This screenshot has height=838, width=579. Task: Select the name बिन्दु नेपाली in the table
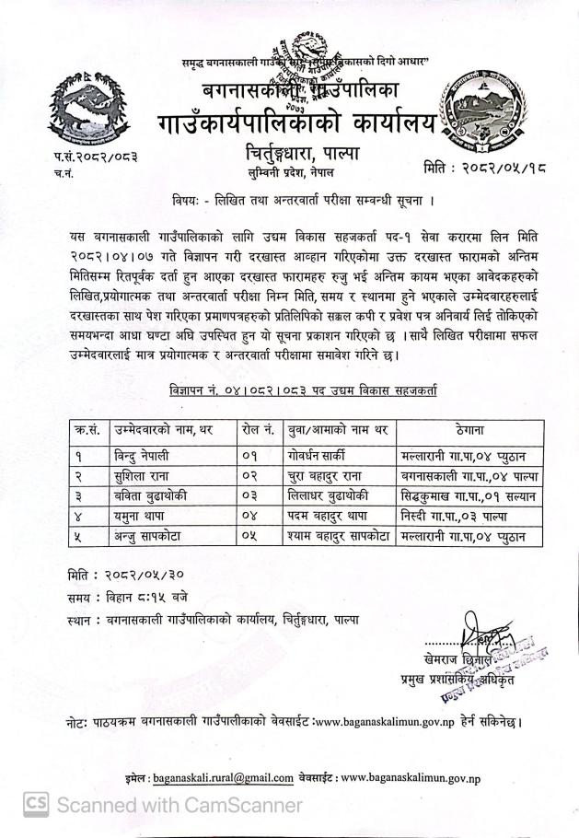(144, 454)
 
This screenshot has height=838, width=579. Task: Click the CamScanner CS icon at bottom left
(36, 806)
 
